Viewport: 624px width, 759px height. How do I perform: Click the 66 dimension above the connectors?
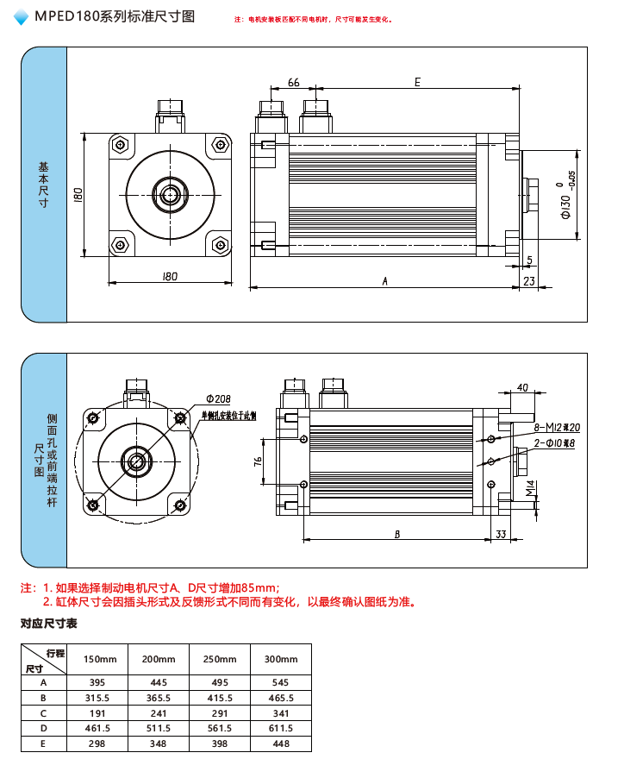(x=294, y=82)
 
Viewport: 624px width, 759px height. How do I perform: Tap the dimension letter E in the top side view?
(x=417, y=82)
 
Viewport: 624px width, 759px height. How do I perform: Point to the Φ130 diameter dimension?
(x=566, y=206)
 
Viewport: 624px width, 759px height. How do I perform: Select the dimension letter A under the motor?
(x=385, y=280)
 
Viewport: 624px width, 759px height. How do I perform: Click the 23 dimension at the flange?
(x=529, y=280)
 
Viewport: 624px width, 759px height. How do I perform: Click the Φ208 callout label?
(x=218, y=399)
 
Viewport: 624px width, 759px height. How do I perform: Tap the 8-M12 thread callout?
(x=557, y=428)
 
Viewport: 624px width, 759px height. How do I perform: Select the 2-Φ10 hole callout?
(x=553, y=443)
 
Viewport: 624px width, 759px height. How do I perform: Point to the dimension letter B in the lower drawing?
(x=396, y=535)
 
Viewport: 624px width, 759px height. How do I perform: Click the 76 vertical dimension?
(x=258, y=462)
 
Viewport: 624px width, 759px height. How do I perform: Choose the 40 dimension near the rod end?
(x=522, y=388)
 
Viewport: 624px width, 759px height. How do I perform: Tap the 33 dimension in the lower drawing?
(x=501, y=535)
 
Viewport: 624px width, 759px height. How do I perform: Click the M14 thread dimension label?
(x=531, y=489)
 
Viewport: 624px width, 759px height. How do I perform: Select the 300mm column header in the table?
(x=280, y=659)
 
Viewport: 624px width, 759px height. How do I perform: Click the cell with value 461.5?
(x=97, y=729)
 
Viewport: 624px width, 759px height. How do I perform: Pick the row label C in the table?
(x=43, y=713)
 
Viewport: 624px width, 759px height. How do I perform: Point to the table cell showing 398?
(x=219, y=743)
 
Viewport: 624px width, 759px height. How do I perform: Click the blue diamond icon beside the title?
(x=22, y=16)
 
